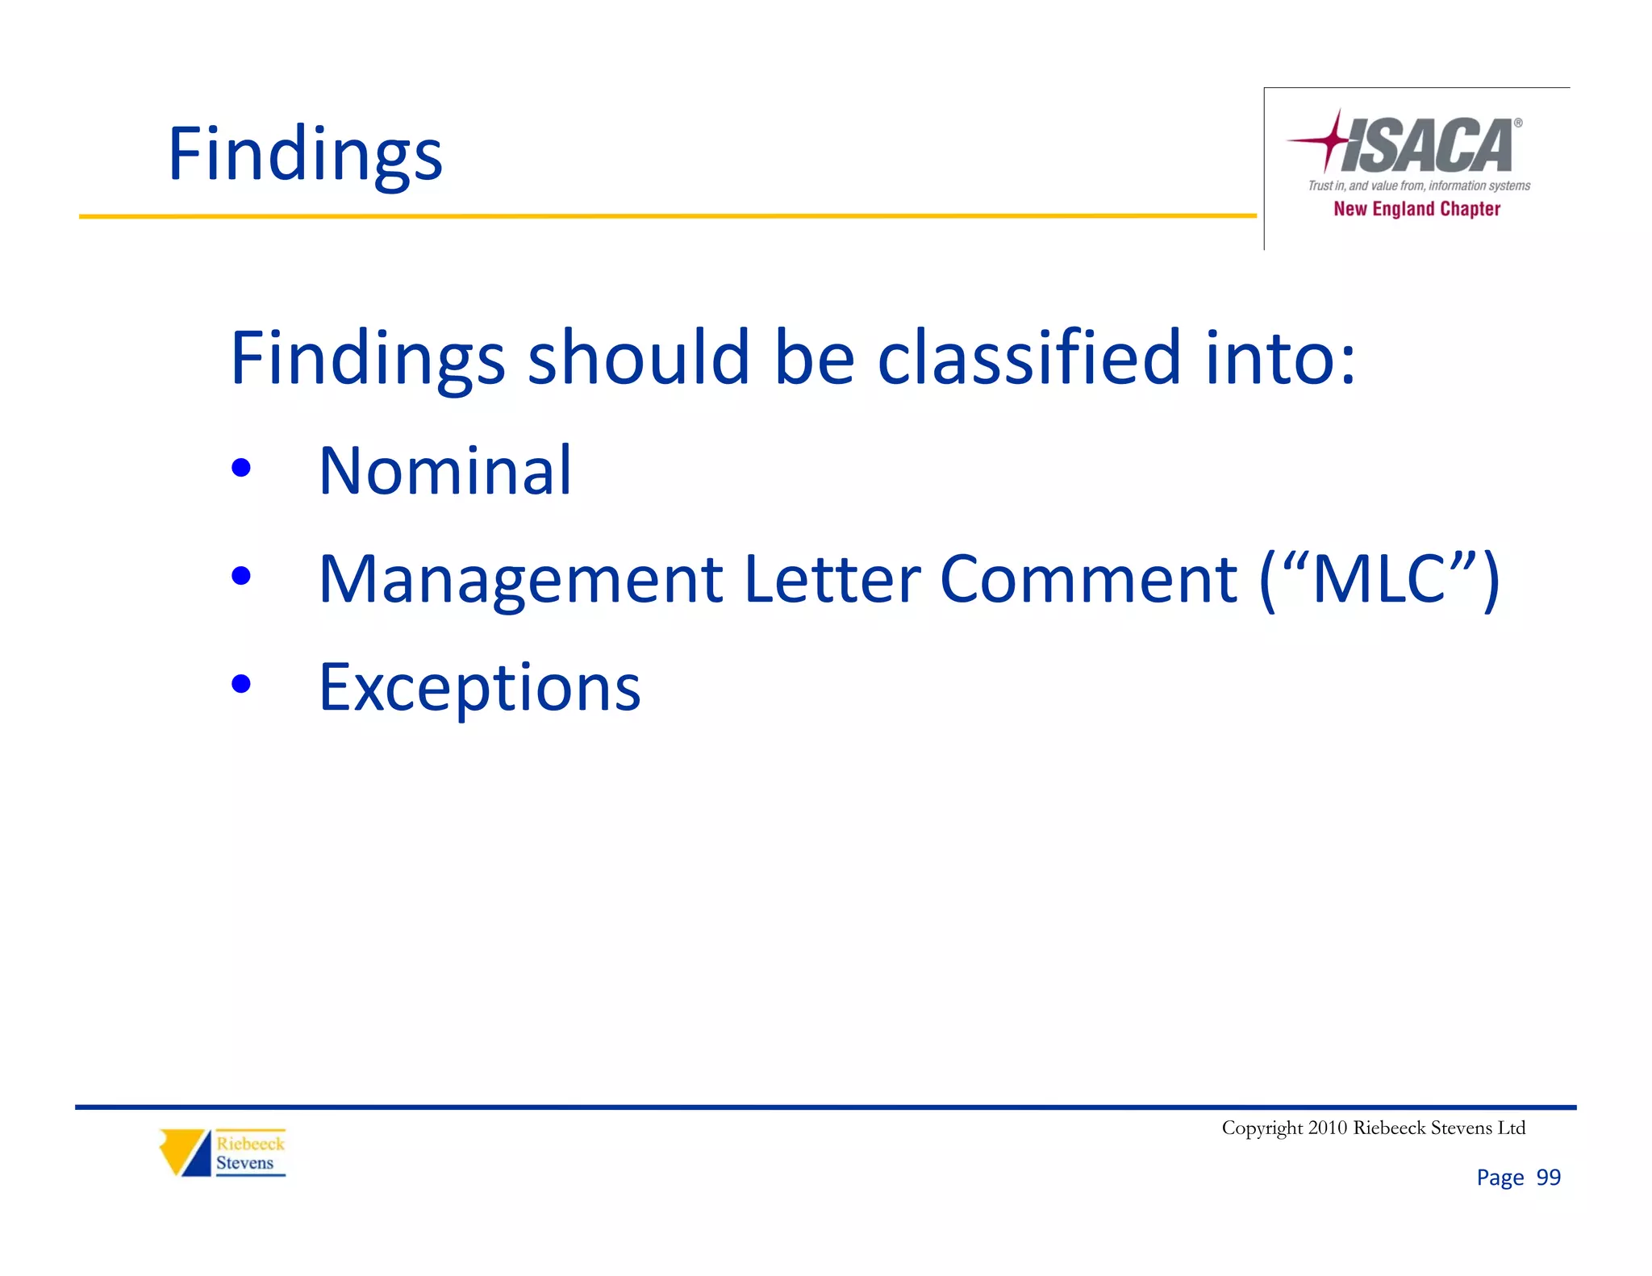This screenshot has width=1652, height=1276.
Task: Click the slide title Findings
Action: click(305, 155)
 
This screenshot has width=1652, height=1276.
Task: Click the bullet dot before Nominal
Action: click(240, 468)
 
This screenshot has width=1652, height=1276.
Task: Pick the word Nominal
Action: click(445, 470)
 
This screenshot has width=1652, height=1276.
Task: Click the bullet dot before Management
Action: click(240, 576)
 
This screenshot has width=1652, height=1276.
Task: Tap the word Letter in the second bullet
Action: click(831, 579)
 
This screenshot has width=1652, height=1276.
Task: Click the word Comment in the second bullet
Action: click(1088, 579)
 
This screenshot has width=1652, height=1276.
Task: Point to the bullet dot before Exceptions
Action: click(240, 684)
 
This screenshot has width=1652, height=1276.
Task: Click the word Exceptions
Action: click(480, 688)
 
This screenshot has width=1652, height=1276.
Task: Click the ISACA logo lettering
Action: click(1428, 146)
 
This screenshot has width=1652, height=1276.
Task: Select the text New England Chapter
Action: click(1416, 209)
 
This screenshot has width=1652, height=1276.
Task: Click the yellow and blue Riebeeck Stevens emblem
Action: click(185, 1153)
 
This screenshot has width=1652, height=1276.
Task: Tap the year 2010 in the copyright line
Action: click(1327, 1128)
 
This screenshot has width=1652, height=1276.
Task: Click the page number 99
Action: click(1548, 1178)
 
